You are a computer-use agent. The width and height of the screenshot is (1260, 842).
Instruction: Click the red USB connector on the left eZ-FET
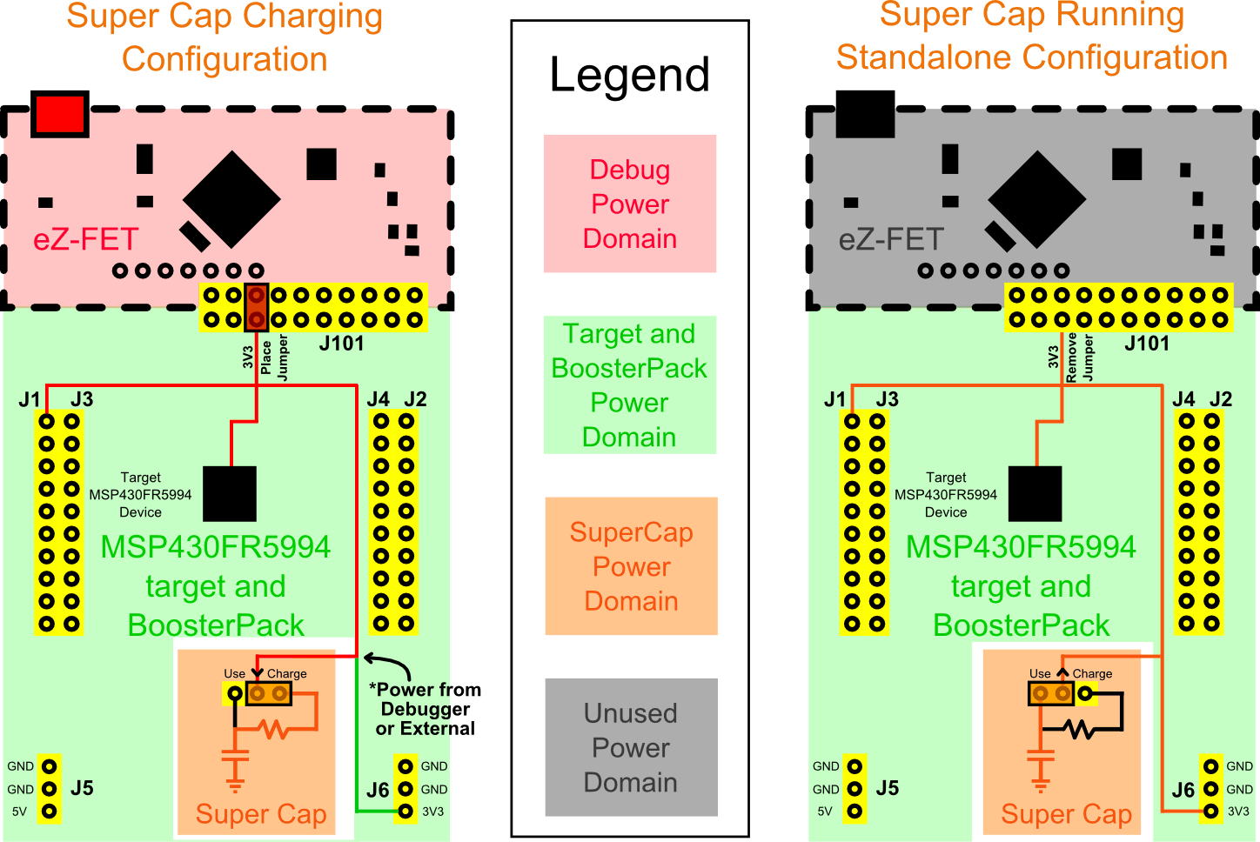click(x=59, y=114)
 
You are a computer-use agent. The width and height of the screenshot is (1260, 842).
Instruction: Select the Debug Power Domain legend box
click(x=630, y=204)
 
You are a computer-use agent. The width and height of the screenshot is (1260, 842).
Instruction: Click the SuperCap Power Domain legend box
click(x=631, y=566)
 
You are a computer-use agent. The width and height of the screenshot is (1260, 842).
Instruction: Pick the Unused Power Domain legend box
click(x=631, y=747)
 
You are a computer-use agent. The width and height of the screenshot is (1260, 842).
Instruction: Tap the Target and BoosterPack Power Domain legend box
click(x=629, y=384)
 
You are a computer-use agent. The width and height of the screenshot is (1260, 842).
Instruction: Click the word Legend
click(x=629, y=75)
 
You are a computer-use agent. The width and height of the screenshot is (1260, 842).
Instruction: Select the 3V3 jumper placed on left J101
click(x=256, y=308)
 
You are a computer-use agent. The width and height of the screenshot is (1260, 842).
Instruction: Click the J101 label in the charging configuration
click(x=341, y=344)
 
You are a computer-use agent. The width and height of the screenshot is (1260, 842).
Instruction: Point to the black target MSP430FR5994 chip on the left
click(x=230, y=493)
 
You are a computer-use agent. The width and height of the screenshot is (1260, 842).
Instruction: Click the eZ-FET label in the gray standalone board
click(x=891, y=239)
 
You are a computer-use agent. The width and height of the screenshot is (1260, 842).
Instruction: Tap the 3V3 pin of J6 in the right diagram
click(x=1211, y=812)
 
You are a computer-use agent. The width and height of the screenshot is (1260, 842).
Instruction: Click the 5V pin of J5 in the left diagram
click(x=50, y=812)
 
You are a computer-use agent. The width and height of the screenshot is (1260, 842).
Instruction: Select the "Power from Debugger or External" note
click(x=426, y=709)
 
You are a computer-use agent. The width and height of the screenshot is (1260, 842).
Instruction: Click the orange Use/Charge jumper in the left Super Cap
click(x=268, y=694)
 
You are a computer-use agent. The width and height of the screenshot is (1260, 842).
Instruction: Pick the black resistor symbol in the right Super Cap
click(x=1081, y=729)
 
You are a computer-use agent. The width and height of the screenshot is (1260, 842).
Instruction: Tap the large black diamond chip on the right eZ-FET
click(x=1037, y=200)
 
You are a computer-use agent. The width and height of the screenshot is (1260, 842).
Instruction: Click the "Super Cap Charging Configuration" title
click(x=225, y=37)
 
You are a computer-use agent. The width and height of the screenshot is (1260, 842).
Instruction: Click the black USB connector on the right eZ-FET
click(x=865, y=114)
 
